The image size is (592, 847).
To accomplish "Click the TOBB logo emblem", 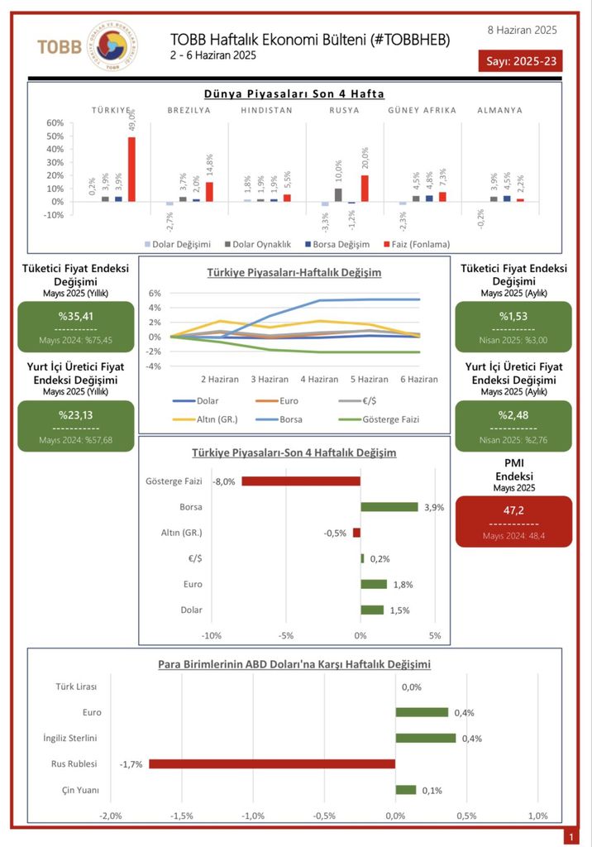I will (112, 45).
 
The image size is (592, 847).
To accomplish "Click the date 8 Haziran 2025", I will (523, 30).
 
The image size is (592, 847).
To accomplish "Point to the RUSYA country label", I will (344, 110).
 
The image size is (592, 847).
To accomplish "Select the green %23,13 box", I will (76, 426).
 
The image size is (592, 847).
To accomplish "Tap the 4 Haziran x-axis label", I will (318, 379).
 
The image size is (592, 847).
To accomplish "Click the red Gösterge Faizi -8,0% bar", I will (301, 481).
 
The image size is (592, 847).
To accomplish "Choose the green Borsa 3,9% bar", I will (389, 507).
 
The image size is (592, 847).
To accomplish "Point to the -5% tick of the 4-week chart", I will (285, 635).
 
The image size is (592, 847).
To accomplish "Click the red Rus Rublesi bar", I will (271, 764).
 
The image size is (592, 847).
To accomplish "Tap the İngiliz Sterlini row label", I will (71, 738).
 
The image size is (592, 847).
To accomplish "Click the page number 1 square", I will (571, 837).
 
